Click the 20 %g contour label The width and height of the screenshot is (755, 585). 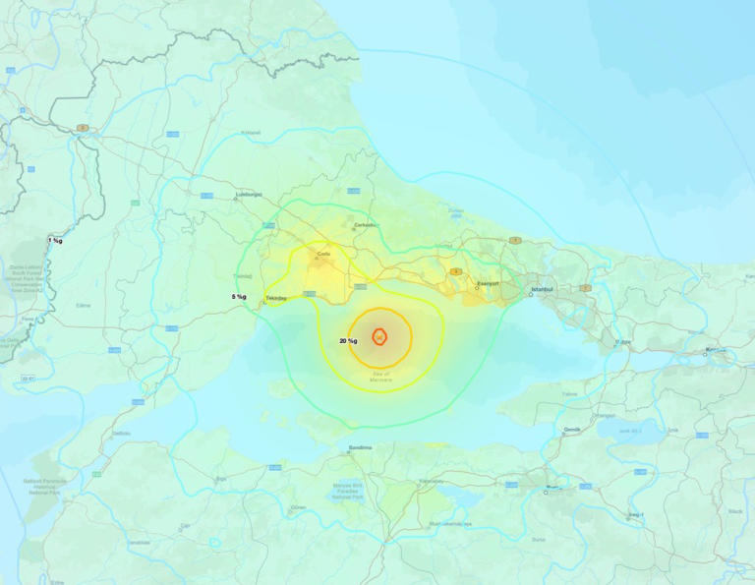click(348, 341)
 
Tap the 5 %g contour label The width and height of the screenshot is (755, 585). click(239, 296)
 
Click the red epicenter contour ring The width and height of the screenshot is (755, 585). click(379, 335)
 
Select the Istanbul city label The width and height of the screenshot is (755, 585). click(543, 289)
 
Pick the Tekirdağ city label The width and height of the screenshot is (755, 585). click(275, 297)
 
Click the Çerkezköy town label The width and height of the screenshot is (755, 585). click(366, 224)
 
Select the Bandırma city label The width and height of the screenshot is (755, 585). click(360, 447)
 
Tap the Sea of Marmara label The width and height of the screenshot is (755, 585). click(380, 376)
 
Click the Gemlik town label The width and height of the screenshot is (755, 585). click(572, 430)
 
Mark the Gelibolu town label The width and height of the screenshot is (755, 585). click(122, 433)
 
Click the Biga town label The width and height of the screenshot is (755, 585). click(220, 478)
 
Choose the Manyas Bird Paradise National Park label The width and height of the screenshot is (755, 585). click(347, 492)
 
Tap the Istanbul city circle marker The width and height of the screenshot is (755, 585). click(531, 295)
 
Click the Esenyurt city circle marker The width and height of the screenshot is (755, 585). click(477, 289)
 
